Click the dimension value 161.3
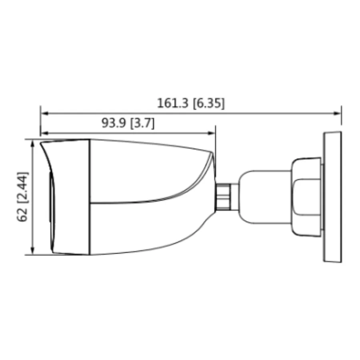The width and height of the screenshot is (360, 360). point(173,103)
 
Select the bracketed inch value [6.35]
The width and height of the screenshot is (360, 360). point(208,103)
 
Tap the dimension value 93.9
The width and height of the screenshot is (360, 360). point(114,123)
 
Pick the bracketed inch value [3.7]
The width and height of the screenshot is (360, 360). point(142,123)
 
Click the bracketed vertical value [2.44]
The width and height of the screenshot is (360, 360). point(23,188)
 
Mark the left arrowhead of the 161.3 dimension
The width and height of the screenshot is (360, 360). point(44,113)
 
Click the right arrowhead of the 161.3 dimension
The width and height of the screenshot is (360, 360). point(337,113)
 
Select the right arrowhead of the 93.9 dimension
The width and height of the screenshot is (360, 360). point(211,133)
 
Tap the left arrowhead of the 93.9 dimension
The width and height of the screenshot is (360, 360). point(44,133)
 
